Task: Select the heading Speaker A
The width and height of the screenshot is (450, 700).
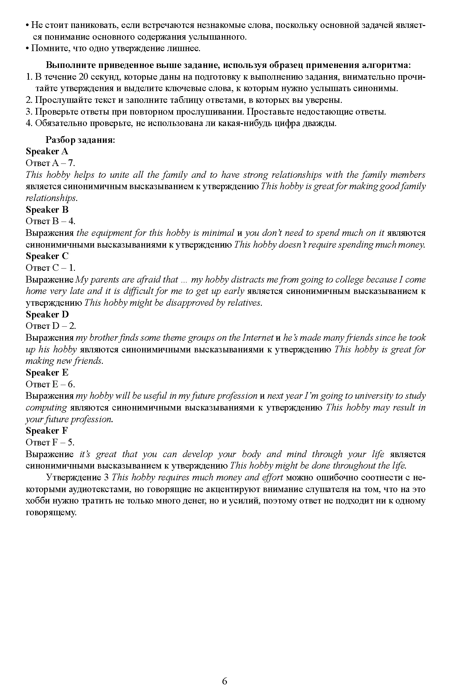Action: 47,151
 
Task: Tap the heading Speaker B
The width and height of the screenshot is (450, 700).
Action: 47,210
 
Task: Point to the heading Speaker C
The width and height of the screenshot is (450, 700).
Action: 47,256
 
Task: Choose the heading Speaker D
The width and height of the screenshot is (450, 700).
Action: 47,314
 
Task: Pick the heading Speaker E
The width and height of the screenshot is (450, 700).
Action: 47,372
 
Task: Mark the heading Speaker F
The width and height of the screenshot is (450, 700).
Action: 47,431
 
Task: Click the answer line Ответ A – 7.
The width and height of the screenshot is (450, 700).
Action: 50,163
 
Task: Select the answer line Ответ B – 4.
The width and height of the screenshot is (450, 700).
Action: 50,221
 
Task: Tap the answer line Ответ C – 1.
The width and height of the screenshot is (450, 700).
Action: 50,268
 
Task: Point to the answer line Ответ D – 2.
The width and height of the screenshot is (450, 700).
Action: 50,326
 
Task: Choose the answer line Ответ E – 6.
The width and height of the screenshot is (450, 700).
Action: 50,384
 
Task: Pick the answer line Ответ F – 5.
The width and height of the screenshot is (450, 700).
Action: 50,443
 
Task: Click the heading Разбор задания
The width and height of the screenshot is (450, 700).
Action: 80,140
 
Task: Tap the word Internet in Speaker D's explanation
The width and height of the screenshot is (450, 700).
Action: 258,338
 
